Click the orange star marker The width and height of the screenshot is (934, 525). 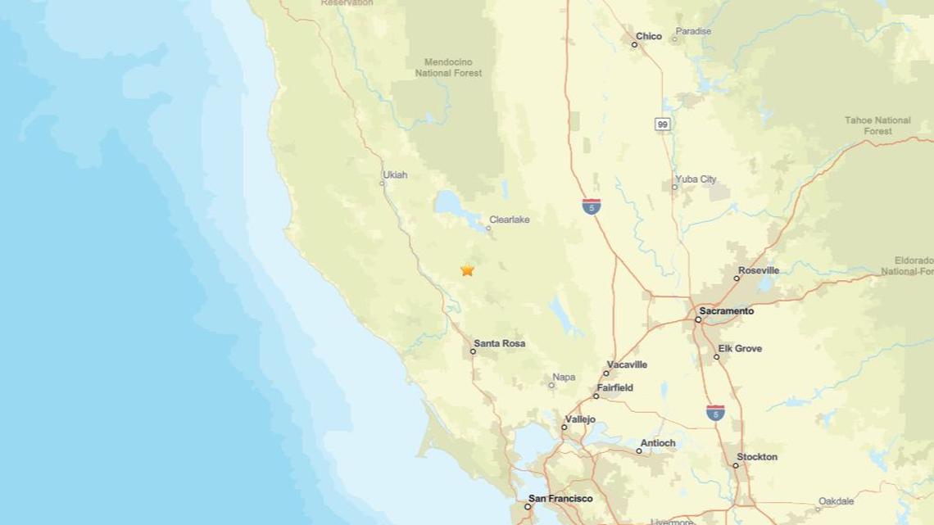467,269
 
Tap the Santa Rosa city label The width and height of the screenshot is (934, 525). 499,344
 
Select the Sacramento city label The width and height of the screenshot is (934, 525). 726,311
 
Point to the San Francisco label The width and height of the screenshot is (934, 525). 560,498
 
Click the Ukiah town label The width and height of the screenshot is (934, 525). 394,174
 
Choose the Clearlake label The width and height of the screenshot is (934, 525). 509,220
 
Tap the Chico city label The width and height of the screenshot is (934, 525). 648,36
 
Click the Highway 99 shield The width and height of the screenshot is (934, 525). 663,124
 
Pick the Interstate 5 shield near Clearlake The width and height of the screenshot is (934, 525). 592,206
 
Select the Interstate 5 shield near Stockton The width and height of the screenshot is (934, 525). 715,412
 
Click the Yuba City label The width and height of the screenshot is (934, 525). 696,179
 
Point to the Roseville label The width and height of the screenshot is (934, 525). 758,270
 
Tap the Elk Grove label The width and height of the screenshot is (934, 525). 740,348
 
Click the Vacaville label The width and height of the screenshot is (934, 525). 627,364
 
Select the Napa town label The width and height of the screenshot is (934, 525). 564,378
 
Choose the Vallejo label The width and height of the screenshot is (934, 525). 579,419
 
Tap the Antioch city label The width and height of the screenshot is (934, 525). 658,443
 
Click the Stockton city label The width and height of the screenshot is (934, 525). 757,456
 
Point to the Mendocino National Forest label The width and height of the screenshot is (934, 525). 448,67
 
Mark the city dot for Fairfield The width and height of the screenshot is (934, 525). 596,396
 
